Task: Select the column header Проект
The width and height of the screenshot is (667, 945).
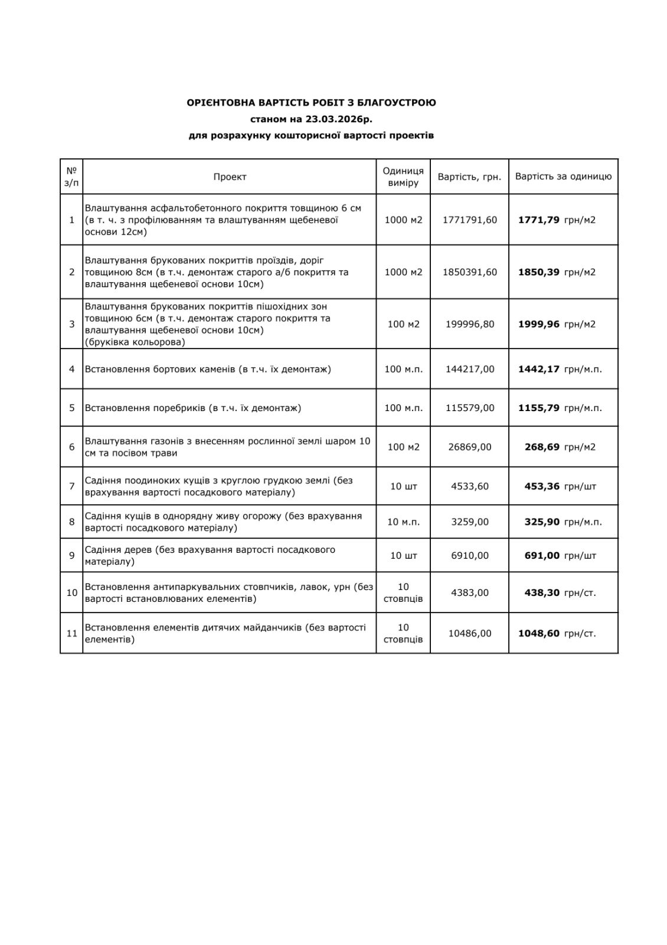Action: click(x=230, y=177)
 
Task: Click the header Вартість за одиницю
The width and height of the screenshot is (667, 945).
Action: click(x=563, y=176)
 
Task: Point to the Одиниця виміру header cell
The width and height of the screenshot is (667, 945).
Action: click(x=403, y=177)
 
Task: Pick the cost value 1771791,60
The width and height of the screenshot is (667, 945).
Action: click(x=469, y=220)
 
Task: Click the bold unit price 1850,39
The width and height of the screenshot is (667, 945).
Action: click(x=538, y=272)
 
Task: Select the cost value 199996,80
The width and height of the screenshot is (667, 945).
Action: click(x=469, y=324)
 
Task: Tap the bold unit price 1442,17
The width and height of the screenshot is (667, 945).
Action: click(x=538, y=369)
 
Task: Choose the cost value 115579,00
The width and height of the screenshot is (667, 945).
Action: click(x=469, y=408)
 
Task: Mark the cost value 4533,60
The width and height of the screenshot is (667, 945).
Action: click(x=469, y=487)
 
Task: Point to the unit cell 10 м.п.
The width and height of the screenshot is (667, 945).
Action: click(x=403, y=522)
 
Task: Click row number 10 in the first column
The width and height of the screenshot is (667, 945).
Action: click(x=71, y=592)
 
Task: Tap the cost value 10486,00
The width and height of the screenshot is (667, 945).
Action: click(x=469, y=633)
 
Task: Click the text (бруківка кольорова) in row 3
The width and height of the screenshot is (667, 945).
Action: click(x=135, y=342)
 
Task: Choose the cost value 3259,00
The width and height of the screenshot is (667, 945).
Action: click(x=469, y=522)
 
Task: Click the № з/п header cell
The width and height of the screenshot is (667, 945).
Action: click(x=71, y=177)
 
